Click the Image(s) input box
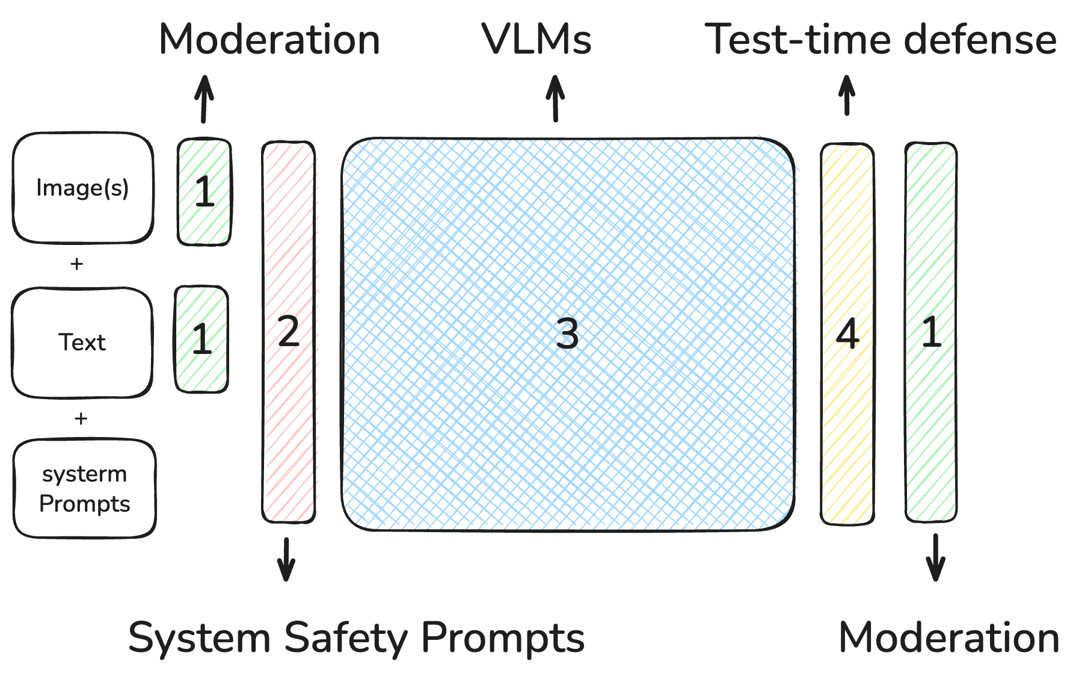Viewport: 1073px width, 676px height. pos(83,188)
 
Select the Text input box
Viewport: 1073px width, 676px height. pos(82,343)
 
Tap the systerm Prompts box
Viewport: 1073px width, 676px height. pos(84,488)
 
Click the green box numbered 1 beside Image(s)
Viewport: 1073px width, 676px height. pos(204,192)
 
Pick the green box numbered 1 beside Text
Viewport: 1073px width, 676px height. pos(201,339)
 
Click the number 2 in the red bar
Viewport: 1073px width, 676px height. pos(289,332)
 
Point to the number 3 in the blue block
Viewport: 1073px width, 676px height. pos(567,333)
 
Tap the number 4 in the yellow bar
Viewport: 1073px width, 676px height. pos(847,333)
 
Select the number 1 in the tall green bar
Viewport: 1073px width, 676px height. pos(931,332)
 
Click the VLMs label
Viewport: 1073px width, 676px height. pos(536,40)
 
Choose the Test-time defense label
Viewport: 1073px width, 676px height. pos(880,40)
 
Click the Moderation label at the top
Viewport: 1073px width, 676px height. pos(269,40)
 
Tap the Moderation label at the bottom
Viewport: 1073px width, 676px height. pos(948,637)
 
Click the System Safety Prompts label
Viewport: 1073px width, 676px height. pos(356,638)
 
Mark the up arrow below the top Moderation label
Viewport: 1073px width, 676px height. pos(204,99)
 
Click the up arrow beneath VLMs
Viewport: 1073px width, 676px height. pos(555,98)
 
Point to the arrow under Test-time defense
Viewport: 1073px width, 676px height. pos(847,95)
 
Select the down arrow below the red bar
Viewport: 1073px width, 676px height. pos(286,559)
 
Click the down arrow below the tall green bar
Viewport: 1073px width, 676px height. pos(935,557)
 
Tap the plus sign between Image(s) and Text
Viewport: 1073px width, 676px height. pos(76,264)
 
